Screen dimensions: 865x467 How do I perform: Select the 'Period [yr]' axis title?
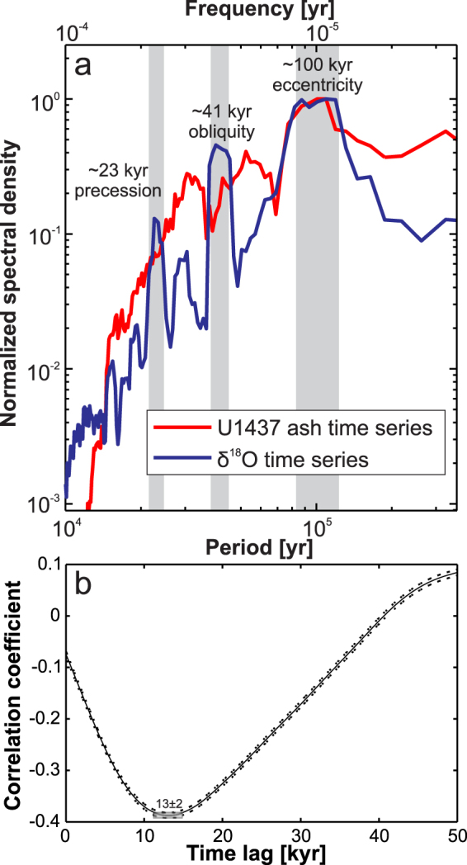click(x=261, y=546)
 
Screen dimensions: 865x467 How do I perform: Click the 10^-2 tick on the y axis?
click(x=44, y=370)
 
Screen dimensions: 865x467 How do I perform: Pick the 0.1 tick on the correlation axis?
click(x=48, y=564)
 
